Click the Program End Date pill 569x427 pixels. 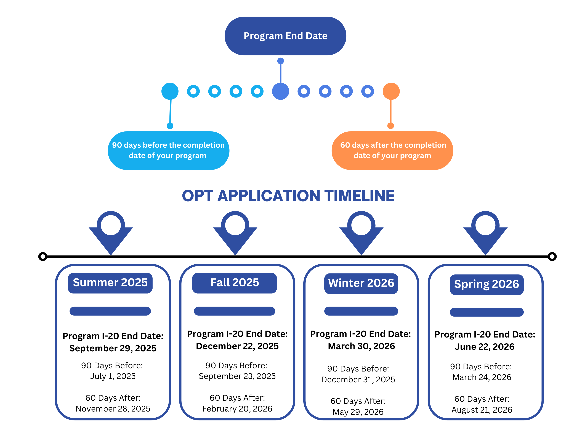coord(285,36)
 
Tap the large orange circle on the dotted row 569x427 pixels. coord(391,91)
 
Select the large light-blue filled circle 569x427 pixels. coord(170,91)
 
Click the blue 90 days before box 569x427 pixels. coord(169,151)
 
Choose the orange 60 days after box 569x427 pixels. coord(392,151)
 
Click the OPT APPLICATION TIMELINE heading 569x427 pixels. coord(288,196)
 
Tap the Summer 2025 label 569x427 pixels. coord(110,283)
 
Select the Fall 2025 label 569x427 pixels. coord(235,283)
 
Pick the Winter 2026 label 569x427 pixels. coord(361,283)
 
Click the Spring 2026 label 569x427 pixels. coord(486,284)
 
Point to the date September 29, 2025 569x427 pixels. coord(113,348)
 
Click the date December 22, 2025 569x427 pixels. coord(237,346)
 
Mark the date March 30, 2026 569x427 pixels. coord(361,346)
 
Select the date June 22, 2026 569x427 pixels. coord(485,347)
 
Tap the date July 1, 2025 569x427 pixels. coord(113,376)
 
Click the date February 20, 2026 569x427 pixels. coord(237,409)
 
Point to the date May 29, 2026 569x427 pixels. coord(358,412)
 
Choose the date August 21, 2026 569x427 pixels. coord(482,410)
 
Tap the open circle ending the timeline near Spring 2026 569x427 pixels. coord(552,256)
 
